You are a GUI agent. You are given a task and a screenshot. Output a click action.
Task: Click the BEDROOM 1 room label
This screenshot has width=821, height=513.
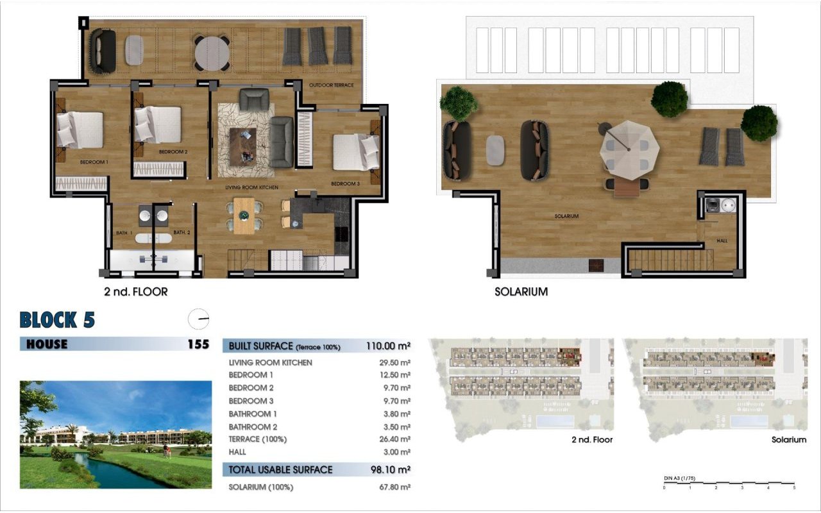point(94,162)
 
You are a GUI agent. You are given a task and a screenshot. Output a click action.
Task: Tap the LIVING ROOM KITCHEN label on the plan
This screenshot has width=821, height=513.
point(251,187)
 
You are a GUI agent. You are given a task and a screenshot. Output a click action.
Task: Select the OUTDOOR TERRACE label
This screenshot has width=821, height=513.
point(331,85)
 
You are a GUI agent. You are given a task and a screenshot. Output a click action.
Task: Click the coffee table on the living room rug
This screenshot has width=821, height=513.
point(242,145)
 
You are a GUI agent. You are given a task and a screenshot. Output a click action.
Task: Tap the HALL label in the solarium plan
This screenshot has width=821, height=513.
point(722,241)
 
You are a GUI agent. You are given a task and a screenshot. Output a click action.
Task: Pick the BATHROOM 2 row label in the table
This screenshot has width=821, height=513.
point(253,426)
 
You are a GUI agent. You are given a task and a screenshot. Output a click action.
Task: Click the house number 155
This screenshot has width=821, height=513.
point(198,344)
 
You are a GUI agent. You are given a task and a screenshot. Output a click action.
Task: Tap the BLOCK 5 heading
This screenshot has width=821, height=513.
point(58,319)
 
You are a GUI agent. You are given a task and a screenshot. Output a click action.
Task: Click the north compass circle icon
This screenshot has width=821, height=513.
point(199,319)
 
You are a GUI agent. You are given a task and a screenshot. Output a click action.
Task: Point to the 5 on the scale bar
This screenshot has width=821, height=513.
point(794,488)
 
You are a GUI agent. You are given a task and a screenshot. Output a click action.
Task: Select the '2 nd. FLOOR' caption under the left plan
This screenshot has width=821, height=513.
point(135,292)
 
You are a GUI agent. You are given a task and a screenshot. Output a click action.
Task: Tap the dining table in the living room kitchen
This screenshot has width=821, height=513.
point(243,215)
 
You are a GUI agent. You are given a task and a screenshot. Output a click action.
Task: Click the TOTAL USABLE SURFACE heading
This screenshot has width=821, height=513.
point(281,470)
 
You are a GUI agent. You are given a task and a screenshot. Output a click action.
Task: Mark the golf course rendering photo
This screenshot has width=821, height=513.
point(115,434)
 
